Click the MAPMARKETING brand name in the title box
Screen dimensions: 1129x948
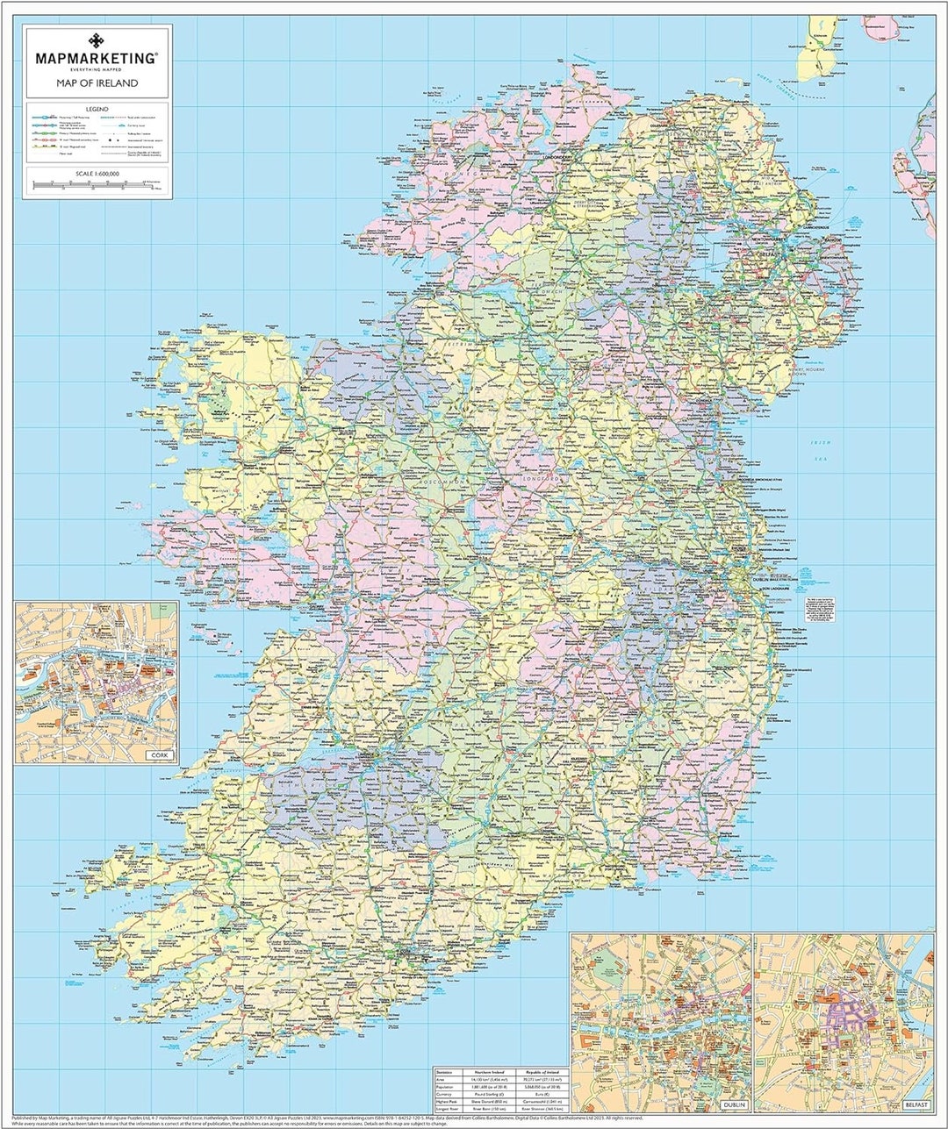click(96, 58)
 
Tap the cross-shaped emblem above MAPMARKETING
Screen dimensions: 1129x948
click(96, 40)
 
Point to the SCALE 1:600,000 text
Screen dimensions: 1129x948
click(97, 174)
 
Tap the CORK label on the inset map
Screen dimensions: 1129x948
click(158, 755)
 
